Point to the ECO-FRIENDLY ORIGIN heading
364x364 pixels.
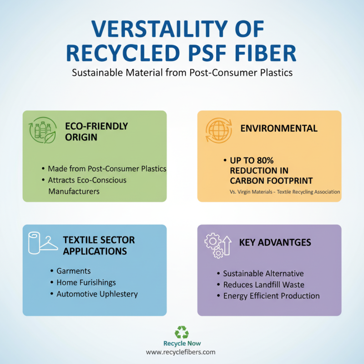[x=96, y=131]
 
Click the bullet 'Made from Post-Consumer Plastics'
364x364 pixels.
[x=107, y=168]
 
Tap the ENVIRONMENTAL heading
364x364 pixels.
[x=279, y=128]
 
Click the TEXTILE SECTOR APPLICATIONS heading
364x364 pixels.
[x=99, y=245]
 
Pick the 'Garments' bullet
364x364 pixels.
[x=74, y=271]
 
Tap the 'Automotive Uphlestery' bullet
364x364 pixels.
[x=97, y=294]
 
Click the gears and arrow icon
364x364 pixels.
[x=218, y=245]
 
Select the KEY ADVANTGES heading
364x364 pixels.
[x=275, y=243]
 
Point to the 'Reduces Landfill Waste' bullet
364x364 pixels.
[x=264, y=284]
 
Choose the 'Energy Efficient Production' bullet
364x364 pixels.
[x=271, y=296]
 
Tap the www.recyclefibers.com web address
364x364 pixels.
[x=181, y=352]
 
